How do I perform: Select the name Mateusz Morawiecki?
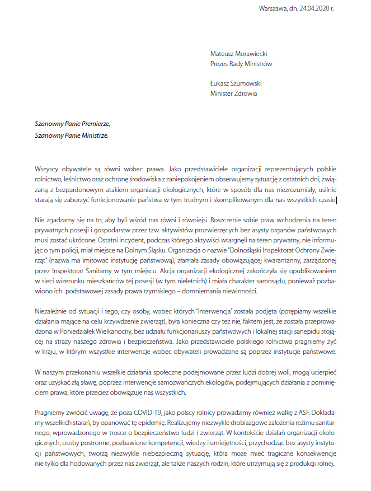pos(239,54)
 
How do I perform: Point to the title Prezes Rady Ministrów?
pos(241,64)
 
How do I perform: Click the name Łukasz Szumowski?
pos(236,84)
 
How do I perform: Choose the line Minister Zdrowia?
pos(234,93)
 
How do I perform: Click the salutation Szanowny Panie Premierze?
pos(73,124)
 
